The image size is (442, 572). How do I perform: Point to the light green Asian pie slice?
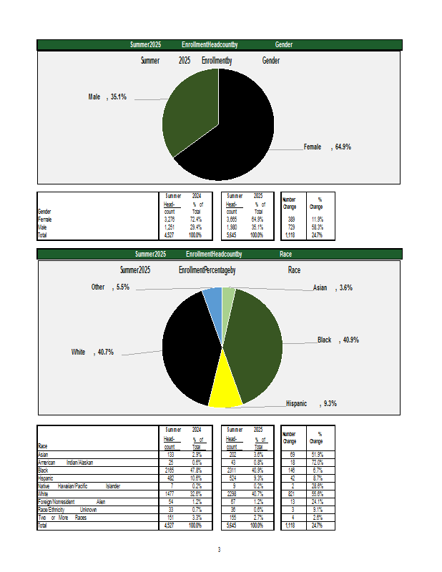point(227,296)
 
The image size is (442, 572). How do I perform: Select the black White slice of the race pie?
point(190,350)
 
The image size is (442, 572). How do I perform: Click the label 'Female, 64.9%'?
point(327,147)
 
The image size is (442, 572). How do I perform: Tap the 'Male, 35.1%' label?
point(107,97)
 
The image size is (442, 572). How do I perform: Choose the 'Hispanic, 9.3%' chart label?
point(311,403)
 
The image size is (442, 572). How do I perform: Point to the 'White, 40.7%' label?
point(92,352)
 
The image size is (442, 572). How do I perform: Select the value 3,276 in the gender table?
point(170,220)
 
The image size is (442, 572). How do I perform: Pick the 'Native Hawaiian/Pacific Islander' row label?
point(79,485)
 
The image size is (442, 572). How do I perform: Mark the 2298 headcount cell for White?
point(232,493)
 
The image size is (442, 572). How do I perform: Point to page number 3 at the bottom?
point(220,550)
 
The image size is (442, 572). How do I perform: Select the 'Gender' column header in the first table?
point(44,212)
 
